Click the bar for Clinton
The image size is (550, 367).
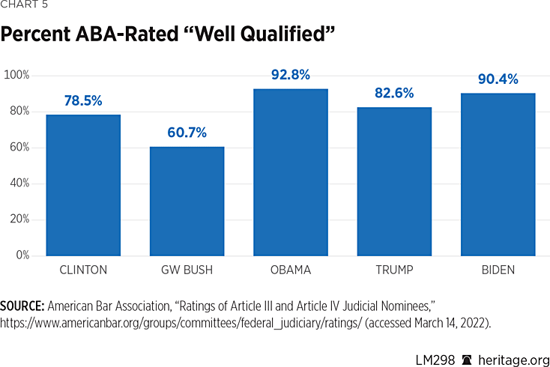[83, 185]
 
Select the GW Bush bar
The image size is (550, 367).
[187, 201]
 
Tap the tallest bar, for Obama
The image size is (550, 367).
[290, 172]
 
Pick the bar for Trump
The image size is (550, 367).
[394, 181]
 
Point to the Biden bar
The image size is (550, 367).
[498, 175]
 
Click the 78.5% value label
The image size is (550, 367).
[83, 101]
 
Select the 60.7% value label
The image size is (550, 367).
[187, 133]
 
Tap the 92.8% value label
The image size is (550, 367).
[290, 75]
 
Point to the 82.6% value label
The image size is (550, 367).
[394, 94]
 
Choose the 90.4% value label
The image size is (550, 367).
[498, 79]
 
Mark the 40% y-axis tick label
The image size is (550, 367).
[19, 183]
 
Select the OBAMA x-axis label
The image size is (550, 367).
[290, 270]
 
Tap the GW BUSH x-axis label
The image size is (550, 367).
[187, 270]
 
